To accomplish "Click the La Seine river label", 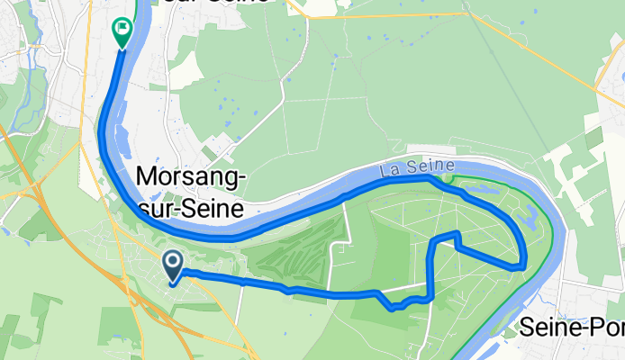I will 417,168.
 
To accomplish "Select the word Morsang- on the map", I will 191,178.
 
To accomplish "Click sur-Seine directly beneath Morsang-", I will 191,209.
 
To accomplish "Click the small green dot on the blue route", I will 448,178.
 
